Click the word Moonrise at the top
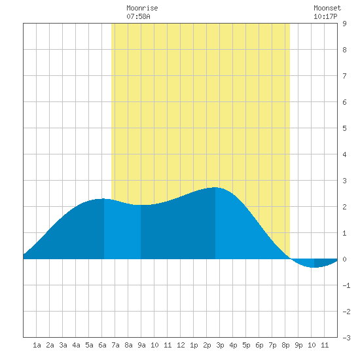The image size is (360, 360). [142, 9]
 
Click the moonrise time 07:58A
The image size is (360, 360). [138, 16]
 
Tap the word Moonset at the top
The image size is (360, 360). [327, 9]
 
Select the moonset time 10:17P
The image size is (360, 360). [325, 16]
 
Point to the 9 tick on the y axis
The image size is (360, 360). [344, 24]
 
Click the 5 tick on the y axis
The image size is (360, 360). [344, 128]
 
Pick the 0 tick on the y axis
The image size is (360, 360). [344, 259]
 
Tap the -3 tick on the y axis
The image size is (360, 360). [346, 338]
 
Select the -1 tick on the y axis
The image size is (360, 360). [346, 285]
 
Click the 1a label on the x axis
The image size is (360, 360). [37, 345]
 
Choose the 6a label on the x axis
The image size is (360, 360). [102, 345]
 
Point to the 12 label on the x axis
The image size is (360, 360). [181, 345]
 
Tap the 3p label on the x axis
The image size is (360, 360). [220, 345]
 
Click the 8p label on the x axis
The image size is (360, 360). [285, 345]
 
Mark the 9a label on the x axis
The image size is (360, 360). [141, 345]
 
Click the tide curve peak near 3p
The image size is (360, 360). [215, 188]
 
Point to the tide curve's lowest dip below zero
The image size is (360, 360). [314, 267]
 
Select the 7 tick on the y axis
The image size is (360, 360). [344, 76]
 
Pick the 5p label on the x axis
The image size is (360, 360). [246, 345]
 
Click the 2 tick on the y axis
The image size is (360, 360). [344, 207]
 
